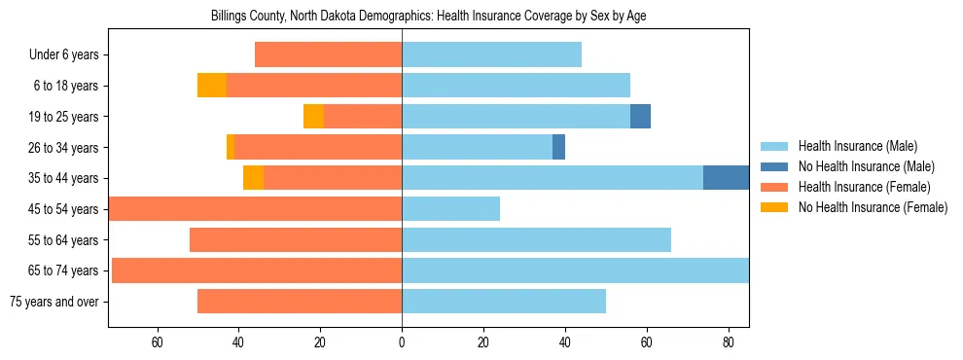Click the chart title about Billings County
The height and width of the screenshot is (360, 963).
(x=428, y=17)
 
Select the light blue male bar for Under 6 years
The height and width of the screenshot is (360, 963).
(x=491, y=54)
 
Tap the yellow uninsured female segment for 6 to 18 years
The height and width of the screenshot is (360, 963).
(x=212, y=86)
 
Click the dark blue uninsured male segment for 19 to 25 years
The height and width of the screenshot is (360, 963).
(x=640, y=117)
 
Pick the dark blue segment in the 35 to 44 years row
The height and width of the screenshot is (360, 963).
(x=726, y=178)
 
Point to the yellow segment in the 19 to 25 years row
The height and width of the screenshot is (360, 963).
(x=313, y=117)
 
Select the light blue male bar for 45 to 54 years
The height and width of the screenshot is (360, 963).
(x=450, y=209)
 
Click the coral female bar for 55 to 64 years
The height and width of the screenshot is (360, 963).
(x=296, y=240)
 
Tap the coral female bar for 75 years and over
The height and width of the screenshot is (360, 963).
(x=300, y=302)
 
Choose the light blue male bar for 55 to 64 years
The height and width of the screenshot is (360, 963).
(x=536, y=240)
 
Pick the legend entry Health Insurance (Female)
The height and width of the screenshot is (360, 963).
(x=864, y=187)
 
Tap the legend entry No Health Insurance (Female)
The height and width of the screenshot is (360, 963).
(x=873, y=207)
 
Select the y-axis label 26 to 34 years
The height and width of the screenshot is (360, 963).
(x=64, y=148)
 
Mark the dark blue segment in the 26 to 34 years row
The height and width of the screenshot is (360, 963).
(x=558, y=148)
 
